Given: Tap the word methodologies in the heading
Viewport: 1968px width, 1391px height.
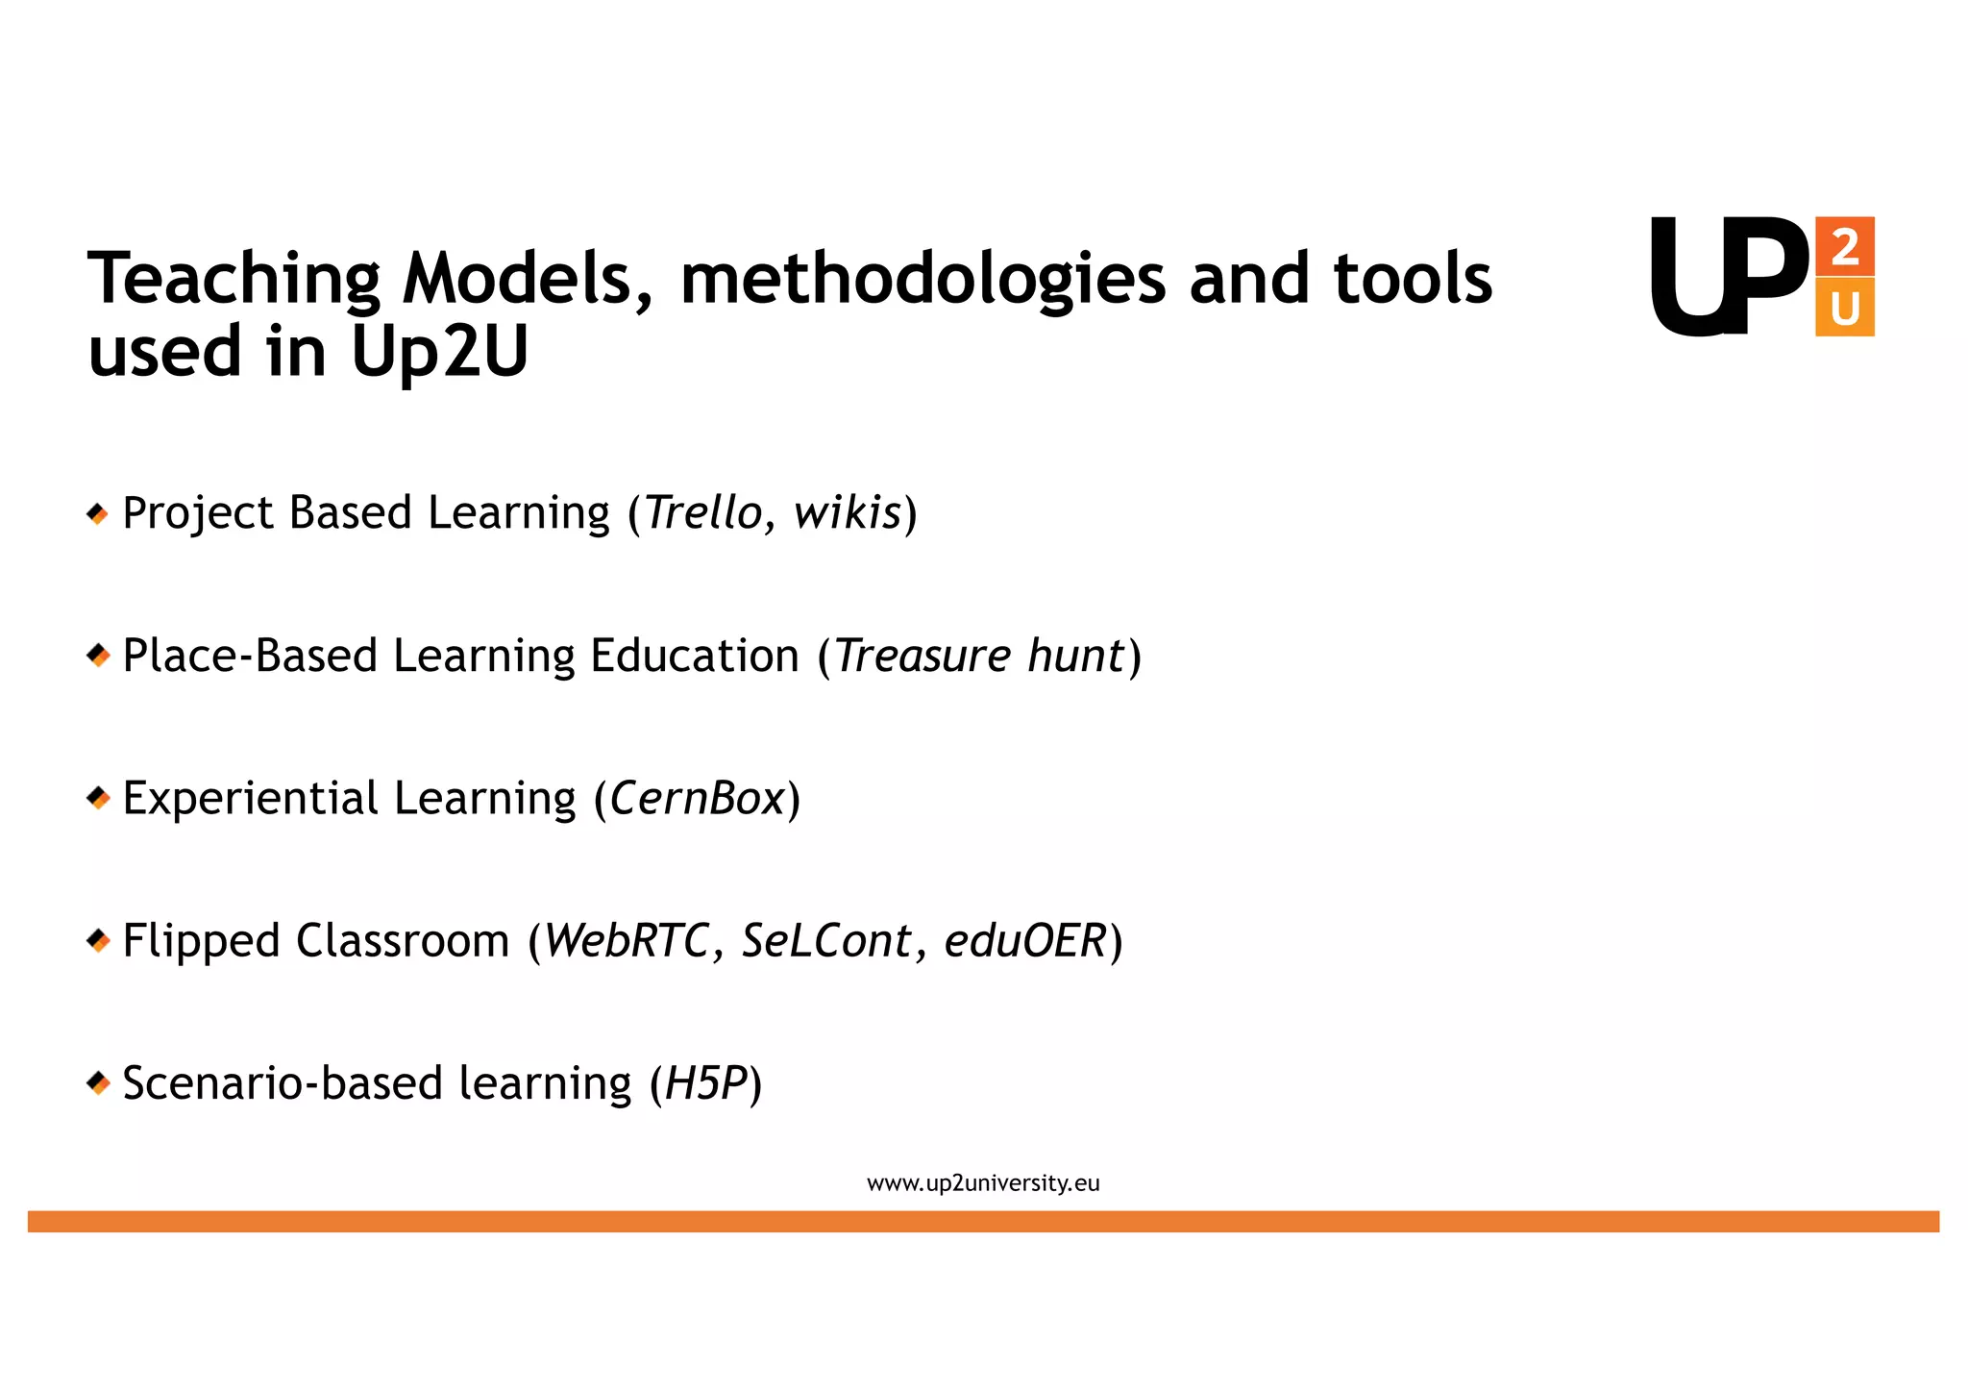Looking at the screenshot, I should [922, 279].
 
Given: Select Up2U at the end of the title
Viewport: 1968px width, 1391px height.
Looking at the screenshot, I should [439, 352].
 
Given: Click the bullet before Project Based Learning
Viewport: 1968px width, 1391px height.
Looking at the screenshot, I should [97, 514].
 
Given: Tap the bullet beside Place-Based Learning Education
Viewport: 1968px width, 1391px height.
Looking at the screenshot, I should [97, 657].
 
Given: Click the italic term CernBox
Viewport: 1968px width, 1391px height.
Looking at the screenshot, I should [698, 798].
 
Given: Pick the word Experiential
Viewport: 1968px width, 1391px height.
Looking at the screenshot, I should [251, 798].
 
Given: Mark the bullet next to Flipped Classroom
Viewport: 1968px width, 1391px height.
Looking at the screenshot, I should [97, 940].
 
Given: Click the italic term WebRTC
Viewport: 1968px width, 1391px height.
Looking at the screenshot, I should [627, 940].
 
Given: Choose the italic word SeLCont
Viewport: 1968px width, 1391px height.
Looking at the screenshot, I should [825, 940].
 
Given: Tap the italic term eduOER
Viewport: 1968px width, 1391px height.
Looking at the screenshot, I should [1024, 940].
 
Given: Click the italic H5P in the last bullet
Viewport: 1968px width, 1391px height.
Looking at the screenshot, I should [705, 1083].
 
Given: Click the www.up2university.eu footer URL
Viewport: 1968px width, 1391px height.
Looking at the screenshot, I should [983, 1183].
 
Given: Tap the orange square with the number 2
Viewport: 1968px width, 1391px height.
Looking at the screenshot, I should [1844, 247].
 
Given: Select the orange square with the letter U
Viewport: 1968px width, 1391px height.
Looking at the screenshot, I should [1844, 308].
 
